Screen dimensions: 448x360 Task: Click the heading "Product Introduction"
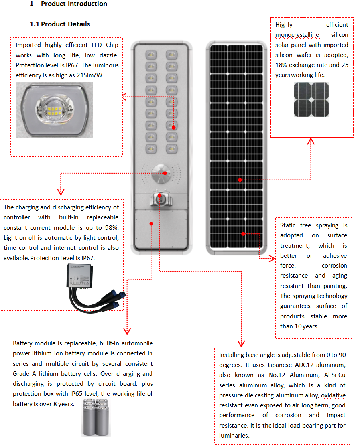pos(74,4)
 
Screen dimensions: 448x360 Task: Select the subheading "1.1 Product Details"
pos(60,24)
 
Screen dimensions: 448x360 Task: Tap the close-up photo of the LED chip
pos(54,110)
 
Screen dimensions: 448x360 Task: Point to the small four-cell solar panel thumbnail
pos(312,100)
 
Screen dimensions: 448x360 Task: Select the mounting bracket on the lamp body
pos(160,198)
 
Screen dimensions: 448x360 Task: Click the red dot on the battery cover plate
pos(151,224)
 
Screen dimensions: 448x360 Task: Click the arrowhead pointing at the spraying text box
pos(272,259)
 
